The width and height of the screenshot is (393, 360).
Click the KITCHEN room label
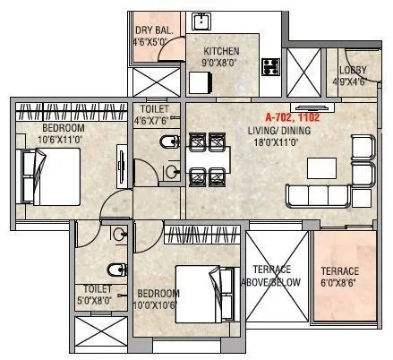point(220,51)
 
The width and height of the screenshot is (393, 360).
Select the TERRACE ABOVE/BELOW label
point(278,276)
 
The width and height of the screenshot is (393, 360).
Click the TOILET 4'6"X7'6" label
point(151,114)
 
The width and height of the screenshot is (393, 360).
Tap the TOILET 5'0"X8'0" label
point(98,295)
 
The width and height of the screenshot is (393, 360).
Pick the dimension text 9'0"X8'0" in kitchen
point(220,63)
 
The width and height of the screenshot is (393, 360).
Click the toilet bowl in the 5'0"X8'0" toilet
point(108,270)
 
